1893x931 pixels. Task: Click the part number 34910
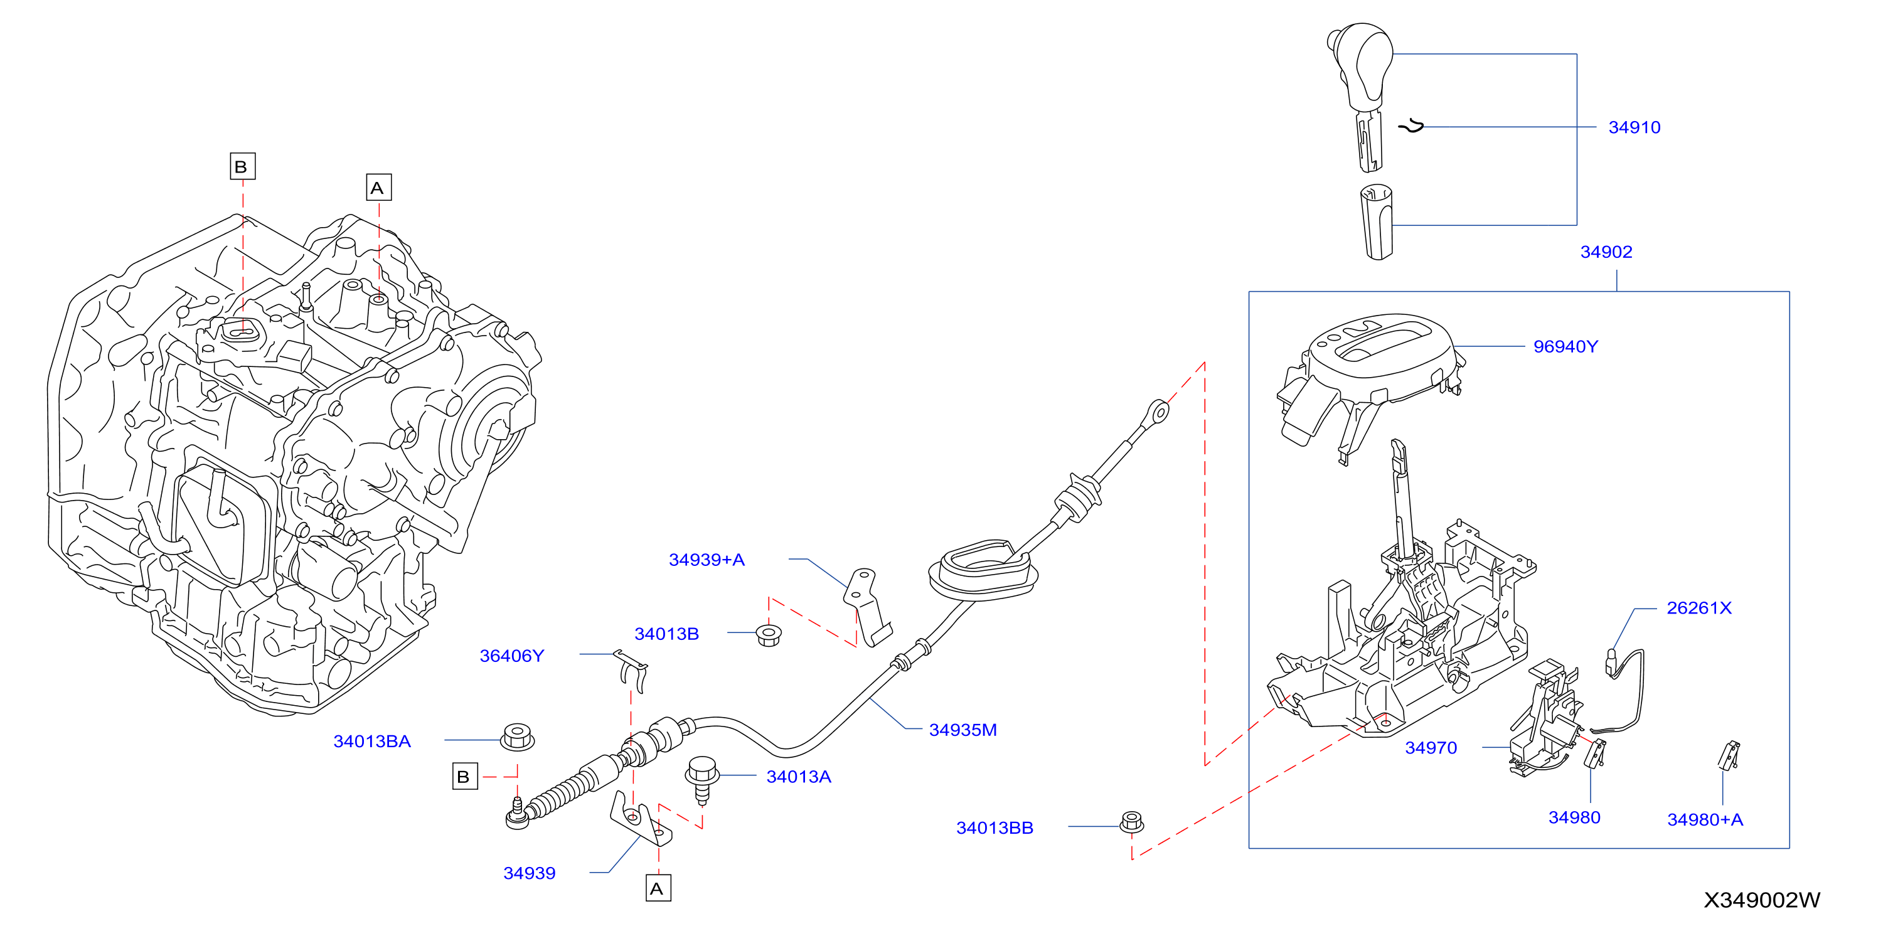1634,128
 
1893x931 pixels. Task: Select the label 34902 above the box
1606,252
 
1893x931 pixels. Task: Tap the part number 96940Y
1565,347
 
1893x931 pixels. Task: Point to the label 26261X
1699,609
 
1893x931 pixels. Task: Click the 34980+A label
1705,820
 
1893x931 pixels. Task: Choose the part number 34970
1431,748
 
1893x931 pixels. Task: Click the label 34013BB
994,828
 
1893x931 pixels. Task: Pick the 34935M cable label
962,730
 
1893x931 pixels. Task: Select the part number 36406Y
511,656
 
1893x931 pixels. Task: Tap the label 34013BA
372,742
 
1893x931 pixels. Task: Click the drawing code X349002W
1761,900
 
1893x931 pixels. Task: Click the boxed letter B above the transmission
242,166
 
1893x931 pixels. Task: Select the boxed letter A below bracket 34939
658,888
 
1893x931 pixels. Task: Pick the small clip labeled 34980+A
1730,755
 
